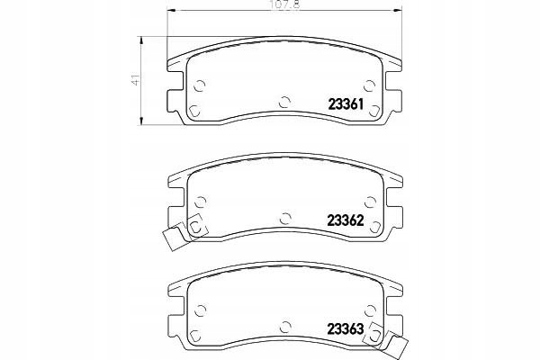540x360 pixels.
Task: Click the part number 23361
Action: point(346,104)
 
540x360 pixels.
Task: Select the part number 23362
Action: point(346,220)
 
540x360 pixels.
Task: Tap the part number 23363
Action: point(345,329)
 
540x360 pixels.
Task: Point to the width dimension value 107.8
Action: point(286,5)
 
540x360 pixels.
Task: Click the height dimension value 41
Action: point(137,80)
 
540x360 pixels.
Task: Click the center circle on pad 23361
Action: point(284,102)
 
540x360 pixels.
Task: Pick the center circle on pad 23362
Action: point(285,219)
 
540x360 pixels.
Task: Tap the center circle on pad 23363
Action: point(285,327)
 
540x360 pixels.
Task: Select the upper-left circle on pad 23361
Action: point(200,85)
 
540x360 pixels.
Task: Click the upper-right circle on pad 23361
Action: point(370,85)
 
